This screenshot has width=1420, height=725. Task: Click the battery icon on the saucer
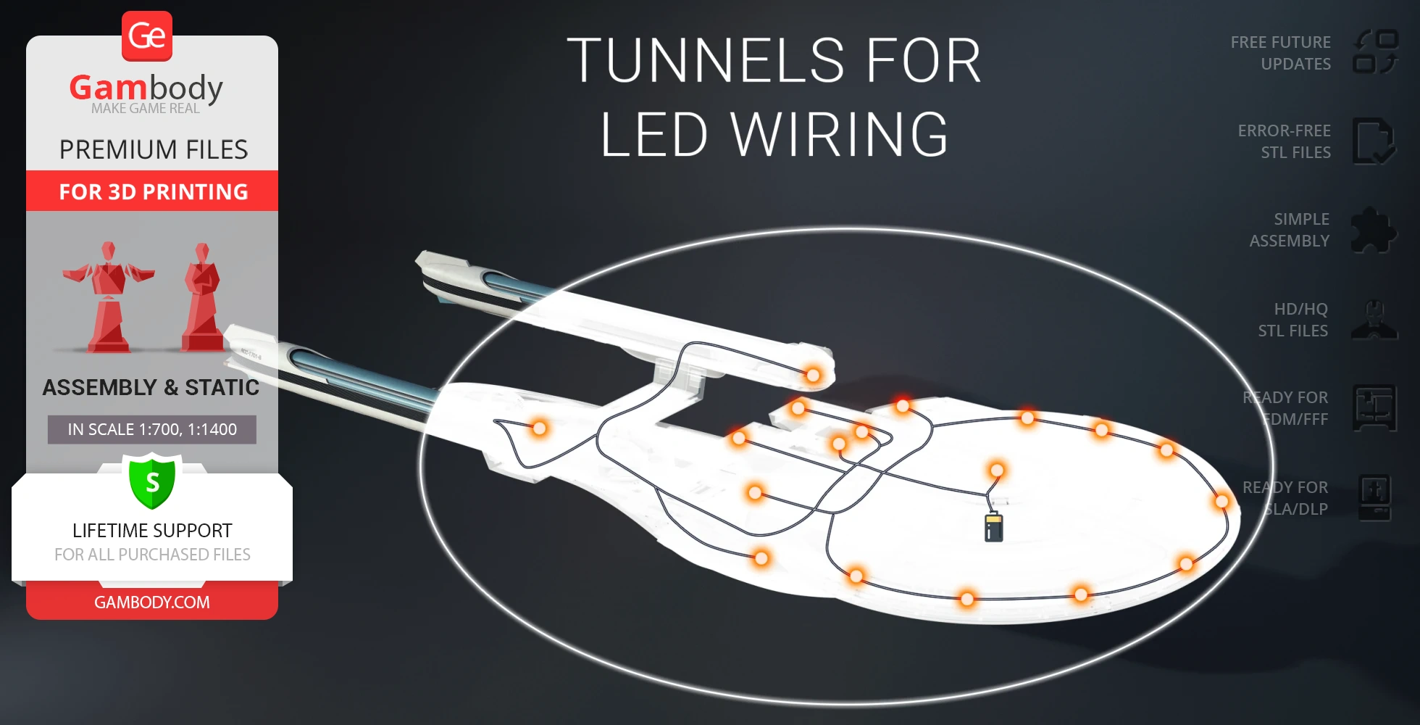(x=993, y=527)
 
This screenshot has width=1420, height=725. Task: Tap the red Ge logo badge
(x=147, y=36)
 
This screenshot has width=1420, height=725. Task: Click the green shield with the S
(x=152, y=481)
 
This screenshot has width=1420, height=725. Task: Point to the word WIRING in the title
(x=840, y=135)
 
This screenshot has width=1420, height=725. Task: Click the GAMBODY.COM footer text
(x=152, y=602)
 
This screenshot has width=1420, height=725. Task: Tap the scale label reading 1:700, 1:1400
(x=152, y=429)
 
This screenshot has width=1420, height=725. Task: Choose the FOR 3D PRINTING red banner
(x=152, y=191)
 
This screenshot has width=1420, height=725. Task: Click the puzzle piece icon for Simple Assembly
(x=1374, y=231)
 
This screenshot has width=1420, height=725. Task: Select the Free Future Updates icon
(x=1375, y=52)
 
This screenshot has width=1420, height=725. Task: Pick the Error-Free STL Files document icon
(x=1373, y=141)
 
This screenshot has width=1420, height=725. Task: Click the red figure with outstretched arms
(x=109, y=297)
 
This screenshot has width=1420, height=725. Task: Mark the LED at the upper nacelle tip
(x=813, y=375)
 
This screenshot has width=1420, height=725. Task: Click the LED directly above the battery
(x=997, y=471)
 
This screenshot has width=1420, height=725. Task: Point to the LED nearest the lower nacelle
(x=539, y=428)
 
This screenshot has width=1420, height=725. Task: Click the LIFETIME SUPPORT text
(x=152, y=531)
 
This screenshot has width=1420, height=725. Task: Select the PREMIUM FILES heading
(x=154, y=149)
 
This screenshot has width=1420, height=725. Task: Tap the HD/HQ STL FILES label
(x=1293, y=320)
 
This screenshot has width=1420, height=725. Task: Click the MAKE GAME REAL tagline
(x=146, y=109)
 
